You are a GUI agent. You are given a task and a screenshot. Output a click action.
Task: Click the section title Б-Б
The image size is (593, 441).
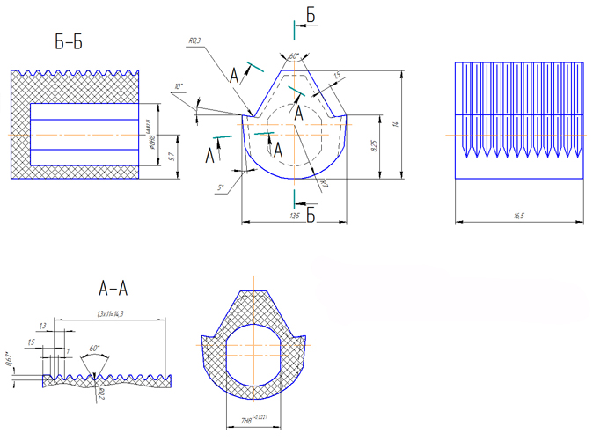point(68,40)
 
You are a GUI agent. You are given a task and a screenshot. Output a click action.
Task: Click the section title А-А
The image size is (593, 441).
point(114,287)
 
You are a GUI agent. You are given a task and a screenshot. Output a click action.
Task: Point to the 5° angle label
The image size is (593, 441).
point(221,187)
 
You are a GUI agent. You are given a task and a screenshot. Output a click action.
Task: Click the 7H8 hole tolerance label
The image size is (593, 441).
point(253,422)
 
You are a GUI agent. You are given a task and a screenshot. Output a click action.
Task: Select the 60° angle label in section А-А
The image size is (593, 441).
point(94,349)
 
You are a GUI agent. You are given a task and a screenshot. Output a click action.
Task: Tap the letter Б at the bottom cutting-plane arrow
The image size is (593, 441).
point(310,214)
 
